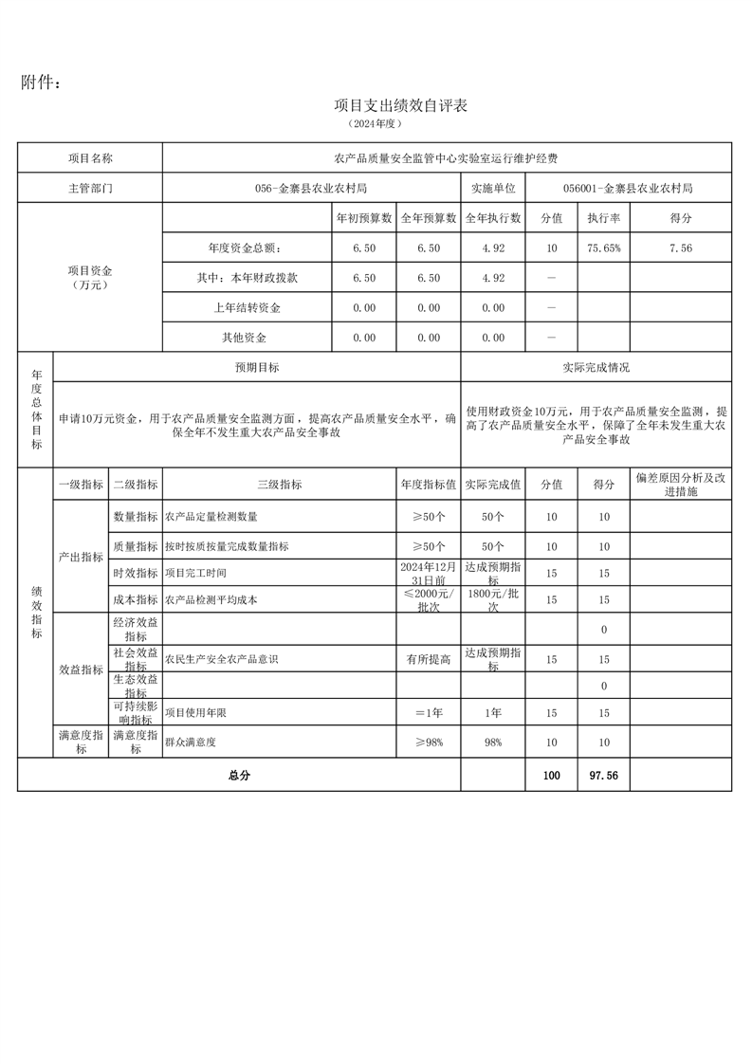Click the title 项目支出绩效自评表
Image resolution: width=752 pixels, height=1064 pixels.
pyautogui.click(x=401, y=105)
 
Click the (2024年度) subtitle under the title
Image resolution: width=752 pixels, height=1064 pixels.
pyautogui.click(x=376, y=124)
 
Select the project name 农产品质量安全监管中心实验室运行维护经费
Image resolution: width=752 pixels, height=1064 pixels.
pyautogui.click(x=447, y=158)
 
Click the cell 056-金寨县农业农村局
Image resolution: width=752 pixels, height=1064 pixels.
pyautogui.click(x=312, y=189)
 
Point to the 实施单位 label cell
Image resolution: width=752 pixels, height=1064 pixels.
pyautogui.click(x=492, y=189)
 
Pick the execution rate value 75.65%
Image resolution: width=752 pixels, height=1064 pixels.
pyautogui.click(x=603, y=248)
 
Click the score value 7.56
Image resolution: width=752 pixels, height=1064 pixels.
pyautogui.click(x=680, y=248)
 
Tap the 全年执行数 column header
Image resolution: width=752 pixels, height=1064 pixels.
pyautogui.click(x=492, y=218)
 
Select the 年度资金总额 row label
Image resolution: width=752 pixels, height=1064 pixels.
pyautogui.click(x=245, y=248)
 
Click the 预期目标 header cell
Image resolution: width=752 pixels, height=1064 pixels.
pyautogui.click(x=257, y=367)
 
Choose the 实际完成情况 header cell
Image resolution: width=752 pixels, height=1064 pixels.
pyautogui.click(x=596, y=367)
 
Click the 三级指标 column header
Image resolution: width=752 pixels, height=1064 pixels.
pyautogui.click(x=279, y=485)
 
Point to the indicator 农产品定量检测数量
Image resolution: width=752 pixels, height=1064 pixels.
pyautogui.click(x=211, y=518)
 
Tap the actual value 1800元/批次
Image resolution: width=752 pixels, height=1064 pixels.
pyautogui.click(x=492, y=599)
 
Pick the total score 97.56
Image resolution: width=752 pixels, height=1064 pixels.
pyautogui.click(x=603, y=776)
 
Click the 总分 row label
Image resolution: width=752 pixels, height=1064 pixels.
pyautogui.click(x=239, y=776)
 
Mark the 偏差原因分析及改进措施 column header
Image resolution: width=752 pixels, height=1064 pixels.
pyautogui.click(x=680, y=485)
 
